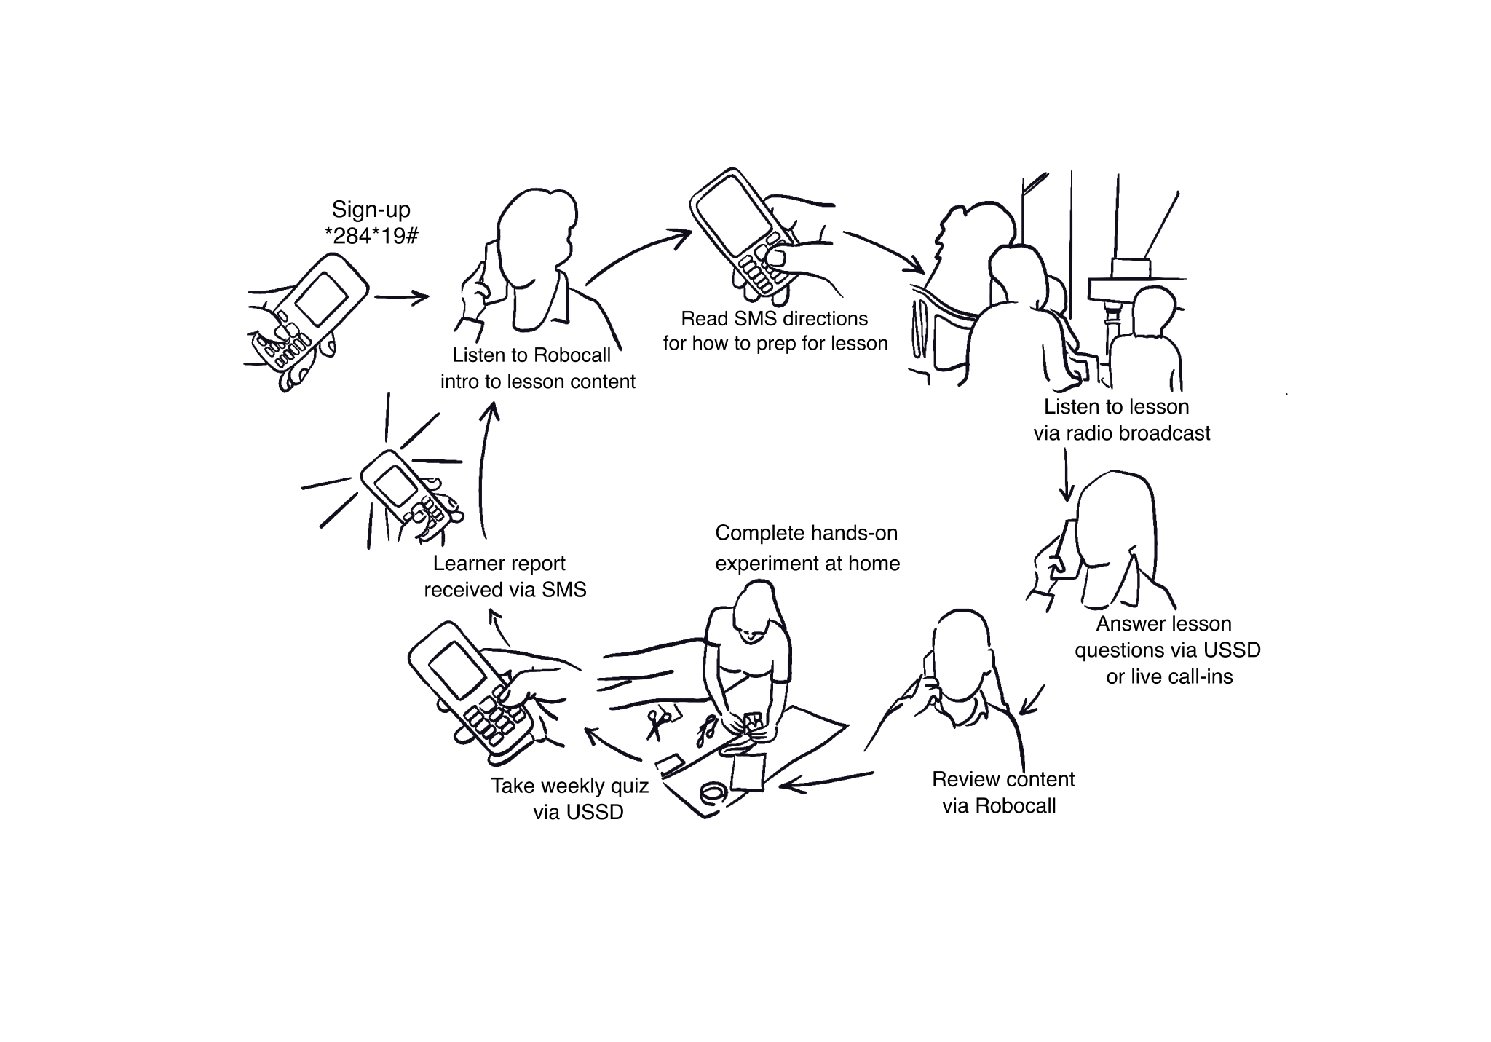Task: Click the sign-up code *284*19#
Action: point(371,236)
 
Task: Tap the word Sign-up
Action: point(371,210)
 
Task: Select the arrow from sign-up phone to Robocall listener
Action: point(401,297)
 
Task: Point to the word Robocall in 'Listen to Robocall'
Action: point(572,355)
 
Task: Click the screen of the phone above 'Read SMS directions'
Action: point(732,215)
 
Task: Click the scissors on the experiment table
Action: point(660,722)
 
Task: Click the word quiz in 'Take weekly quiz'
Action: point(628,786)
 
